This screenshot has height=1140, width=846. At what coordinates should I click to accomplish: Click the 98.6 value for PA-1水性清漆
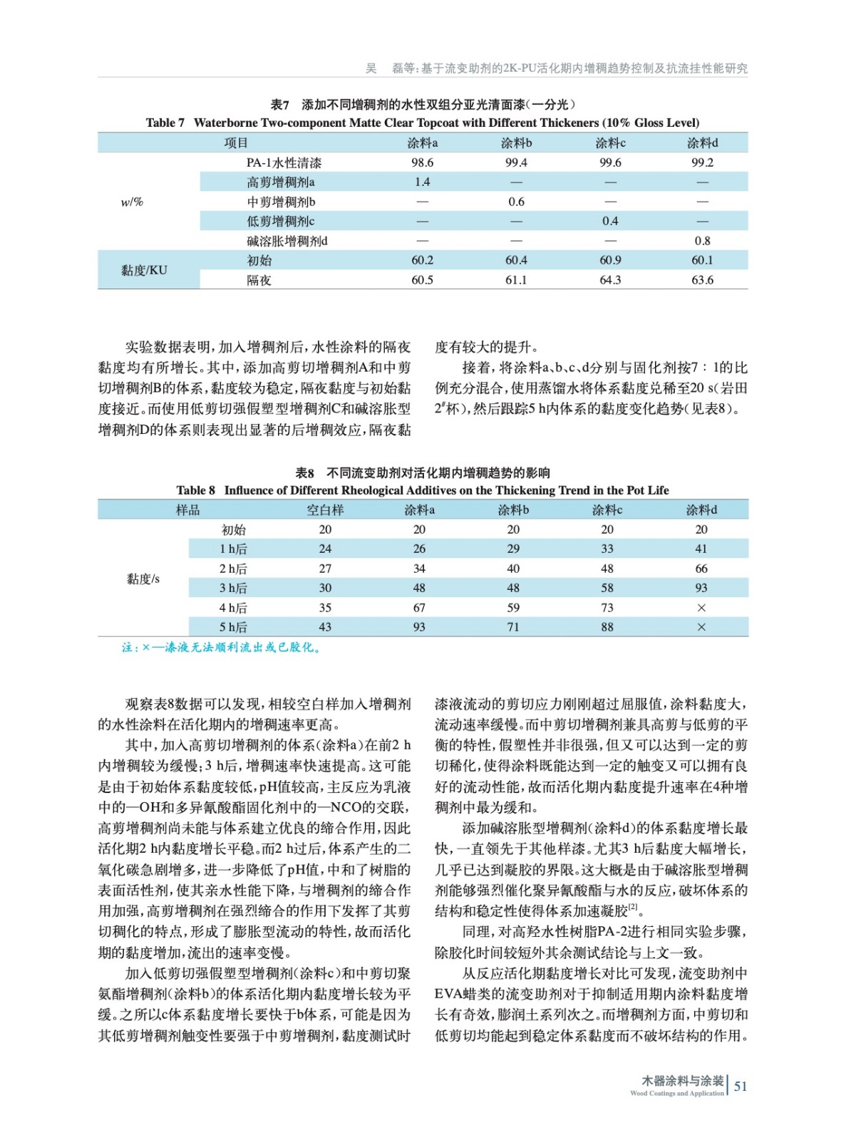pyautogui.click(x=422, y=162)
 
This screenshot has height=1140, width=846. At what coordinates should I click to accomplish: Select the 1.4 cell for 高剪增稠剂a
pyautogui.click(x=422, y=182)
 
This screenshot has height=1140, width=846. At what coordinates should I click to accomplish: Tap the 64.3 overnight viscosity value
pyautogui.click(x=610, y=280)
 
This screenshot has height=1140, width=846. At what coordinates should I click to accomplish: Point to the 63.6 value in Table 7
pyautogui.click(x=702, y=280)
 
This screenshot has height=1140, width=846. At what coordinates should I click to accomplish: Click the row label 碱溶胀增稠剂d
pyautogui.click(x=287, y=241)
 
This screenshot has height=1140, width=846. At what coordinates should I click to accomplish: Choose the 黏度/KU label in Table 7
pyautogui.click(x=144, y=270)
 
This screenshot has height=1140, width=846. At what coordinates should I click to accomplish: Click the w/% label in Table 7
pyautogui.click(x=132, y=202)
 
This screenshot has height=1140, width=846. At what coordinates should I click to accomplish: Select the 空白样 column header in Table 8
pyautogui.click(x=325, y=509)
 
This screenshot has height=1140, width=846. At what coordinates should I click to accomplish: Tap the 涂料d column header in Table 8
pyautogui.click(x=701, y=509)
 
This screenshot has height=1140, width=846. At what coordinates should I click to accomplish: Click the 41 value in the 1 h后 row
pyautogui.click(x=701, y=549)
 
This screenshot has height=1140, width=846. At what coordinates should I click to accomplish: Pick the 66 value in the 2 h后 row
pyautogui.click(x=701, y=569)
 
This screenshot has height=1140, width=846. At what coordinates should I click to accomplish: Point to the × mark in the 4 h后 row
pyautogui.click(x=701, y=608)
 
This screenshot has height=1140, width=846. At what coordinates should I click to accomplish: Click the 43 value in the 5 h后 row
pyautogui.click(x=325, y=627)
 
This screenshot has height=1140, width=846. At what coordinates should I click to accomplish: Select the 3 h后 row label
pyautogui.click(x=233, y=588)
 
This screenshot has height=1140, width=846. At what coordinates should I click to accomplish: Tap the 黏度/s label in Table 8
pyautogui.click(x=143, y=579)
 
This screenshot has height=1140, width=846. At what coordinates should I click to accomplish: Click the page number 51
pyautogui.click(x=741, y=1086)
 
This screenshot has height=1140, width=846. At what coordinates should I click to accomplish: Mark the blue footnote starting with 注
pyautogui.click(x=222, y=648)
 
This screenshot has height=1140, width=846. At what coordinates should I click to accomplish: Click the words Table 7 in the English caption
pyautogui.click(x=165, y=123)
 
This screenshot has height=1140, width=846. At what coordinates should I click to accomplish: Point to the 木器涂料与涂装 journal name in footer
pyautogui.click(x=683, y=1081)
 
